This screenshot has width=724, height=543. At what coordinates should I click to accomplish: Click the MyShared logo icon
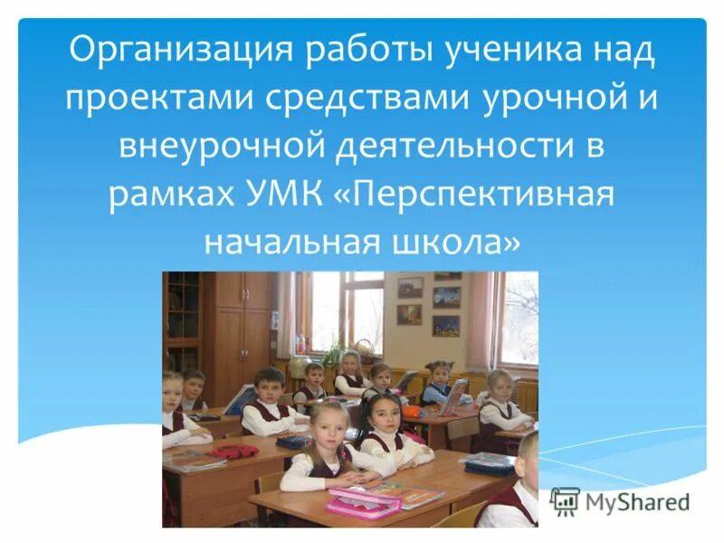click(x=565, y=500)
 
